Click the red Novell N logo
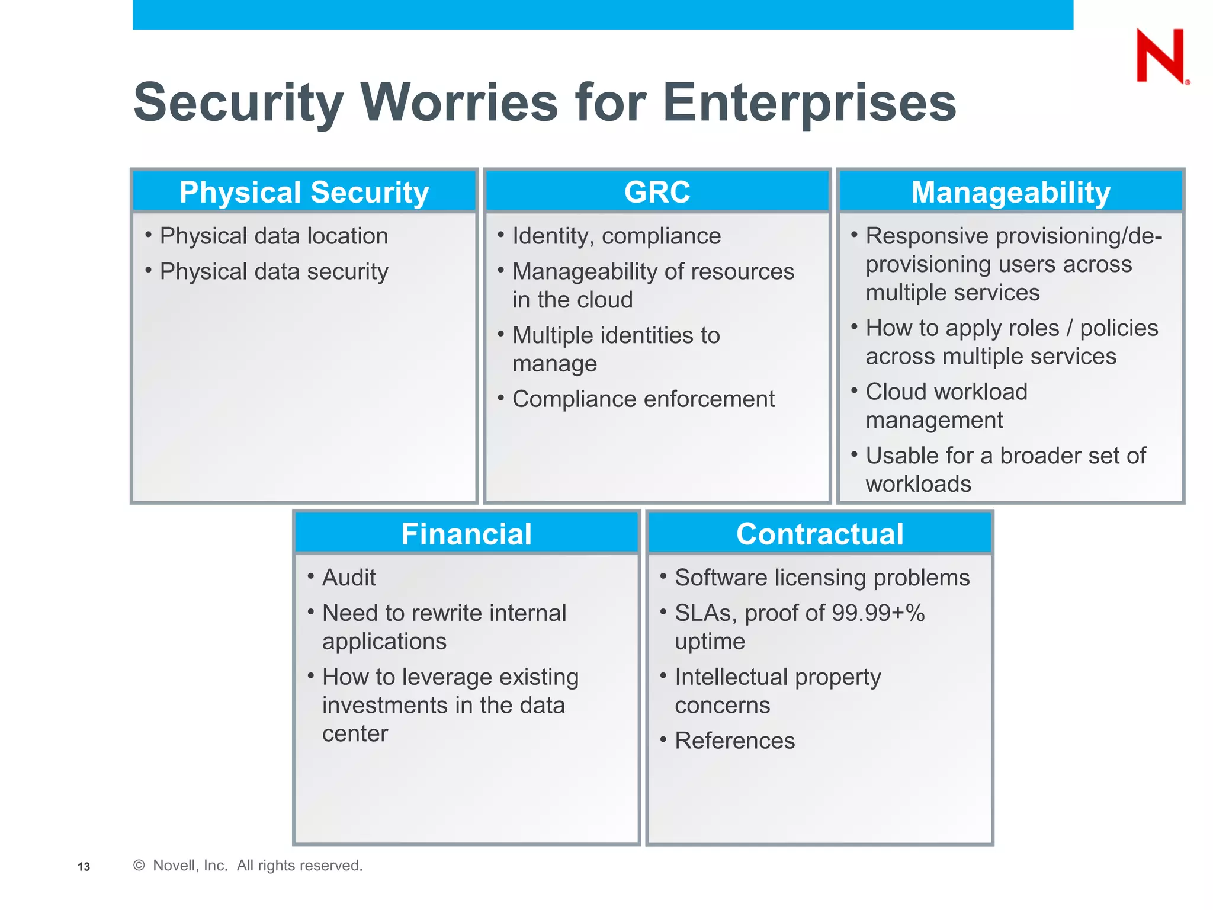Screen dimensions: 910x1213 [x=1161, y=56]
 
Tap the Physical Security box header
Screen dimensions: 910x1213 [x=304, y=192]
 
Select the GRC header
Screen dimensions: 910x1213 [x=657, y=192]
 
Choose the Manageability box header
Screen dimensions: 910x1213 [x=1010, y=192]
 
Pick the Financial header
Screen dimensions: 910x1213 [x=466, y=533]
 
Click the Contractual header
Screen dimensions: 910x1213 [x=820, y=533]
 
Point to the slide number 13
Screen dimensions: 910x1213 [x=84, y=867]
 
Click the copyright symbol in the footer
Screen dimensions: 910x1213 [x=139, y=866]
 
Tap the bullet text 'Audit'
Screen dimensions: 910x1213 [x=349, y=578]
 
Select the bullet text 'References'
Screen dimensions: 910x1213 [x=734, y=741]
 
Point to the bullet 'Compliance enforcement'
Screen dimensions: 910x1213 [x=643, y=399]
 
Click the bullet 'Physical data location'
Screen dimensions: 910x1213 [x=274, y=236]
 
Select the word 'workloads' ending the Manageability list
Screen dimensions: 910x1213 [x=918, y=484]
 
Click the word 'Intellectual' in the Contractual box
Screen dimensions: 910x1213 [x=730, y=677]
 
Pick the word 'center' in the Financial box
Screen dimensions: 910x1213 [x=355, y=734]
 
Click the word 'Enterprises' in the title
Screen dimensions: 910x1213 [x=809, y=102]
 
